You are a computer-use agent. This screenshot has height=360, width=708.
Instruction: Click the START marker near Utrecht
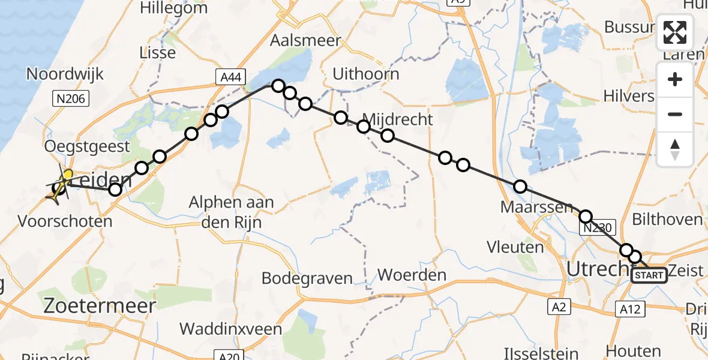coord(649,275)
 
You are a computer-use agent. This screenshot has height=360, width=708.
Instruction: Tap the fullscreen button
coord(675,32)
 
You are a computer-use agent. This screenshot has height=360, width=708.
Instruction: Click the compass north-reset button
coord(675,149)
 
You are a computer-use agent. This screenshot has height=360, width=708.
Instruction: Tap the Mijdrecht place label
coord(398,119)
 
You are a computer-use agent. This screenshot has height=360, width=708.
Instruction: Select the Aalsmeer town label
coord(305,41)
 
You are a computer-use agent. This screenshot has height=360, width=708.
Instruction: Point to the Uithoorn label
coord(366,74)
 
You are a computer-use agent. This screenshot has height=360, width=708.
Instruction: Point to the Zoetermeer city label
coord(100,306)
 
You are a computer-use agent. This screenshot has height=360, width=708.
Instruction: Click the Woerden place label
coord(412,275)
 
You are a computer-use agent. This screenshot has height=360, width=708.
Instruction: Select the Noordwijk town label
coord(65,74)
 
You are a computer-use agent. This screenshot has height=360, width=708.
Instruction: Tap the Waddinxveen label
coord(231,329)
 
